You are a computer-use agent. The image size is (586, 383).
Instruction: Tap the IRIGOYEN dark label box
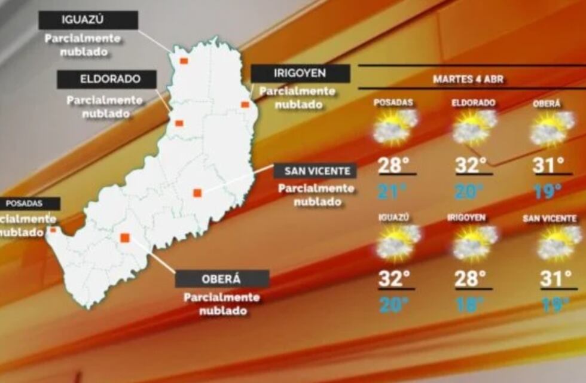tap(300, 74)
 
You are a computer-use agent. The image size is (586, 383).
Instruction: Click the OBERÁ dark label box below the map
tap(222, 279)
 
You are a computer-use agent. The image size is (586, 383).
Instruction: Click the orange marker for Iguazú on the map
tap(184, 60)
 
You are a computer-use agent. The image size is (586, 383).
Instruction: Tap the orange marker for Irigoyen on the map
tap(245, 105)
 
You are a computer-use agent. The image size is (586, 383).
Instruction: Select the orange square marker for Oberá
tap(125, 238)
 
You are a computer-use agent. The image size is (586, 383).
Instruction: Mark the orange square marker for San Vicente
tap(197, 193)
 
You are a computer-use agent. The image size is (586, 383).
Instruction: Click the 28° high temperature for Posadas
tap(394, 164)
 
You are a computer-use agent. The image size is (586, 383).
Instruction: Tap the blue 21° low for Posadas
tap(392, 191)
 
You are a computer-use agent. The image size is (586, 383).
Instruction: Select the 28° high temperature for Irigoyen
tap(471, 278)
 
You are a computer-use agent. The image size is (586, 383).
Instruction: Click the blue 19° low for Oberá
tap(548, 191)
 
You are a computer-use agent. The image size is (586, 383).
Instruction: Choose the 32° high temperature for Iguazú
tap(394, 278)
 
